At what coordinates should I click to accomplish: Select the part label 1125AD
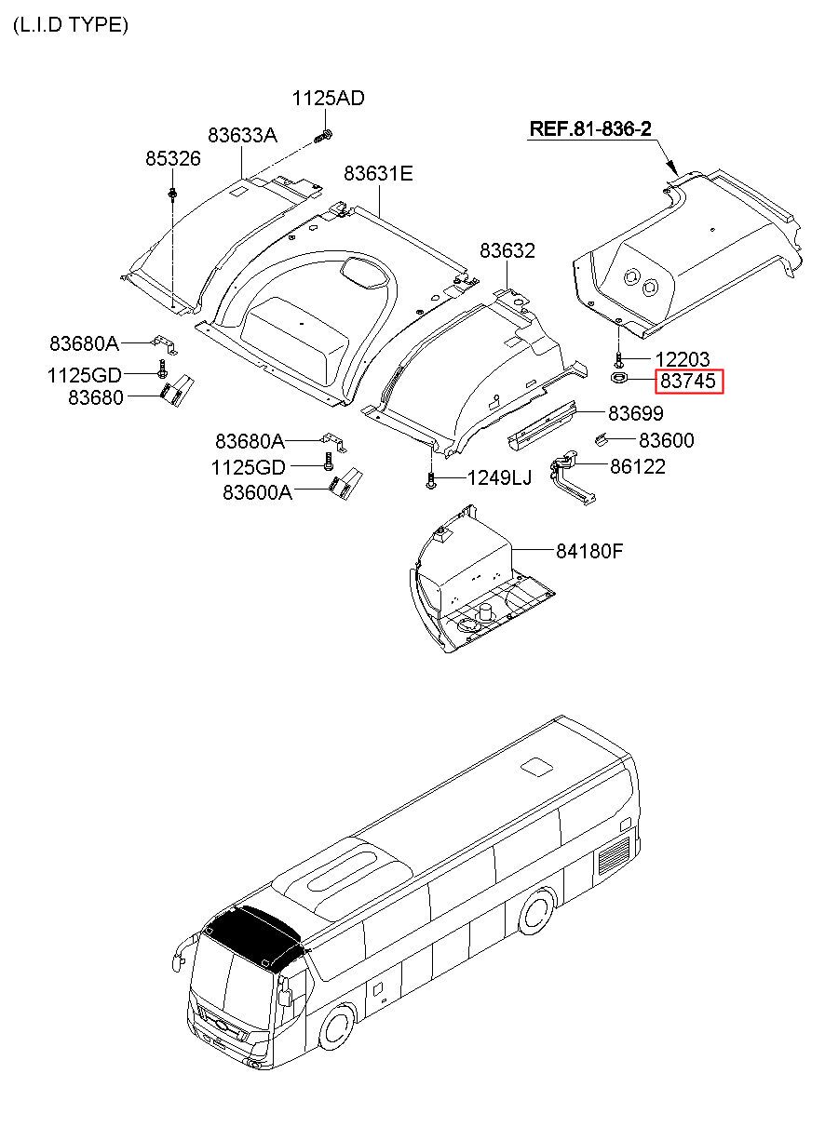coord(328,99)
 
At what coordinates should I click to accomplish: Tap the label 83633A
coord(242,135)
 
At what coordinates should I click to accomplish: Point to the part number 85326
coord(172,159)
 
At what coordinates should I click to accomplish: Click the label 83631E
coord(378,174)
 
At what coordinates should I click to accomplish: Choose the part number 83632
coord(507,250)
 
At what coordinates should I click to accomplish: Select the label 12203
coord(683,359)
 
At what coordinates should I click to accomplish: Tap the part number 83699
coord(636,413)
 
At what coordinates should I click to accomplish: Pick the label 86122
coord(638,467)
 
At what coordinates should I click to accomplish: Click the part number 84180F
coord(589,551)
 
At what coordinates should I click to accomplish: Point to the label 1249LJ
coord(499,478)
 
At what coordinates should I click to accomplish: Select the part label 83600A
coord(257,492)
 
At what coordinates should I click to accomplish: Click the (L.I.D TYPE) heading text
coord(71,25)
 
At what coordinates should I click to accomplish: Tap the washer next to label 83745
coord(618,379)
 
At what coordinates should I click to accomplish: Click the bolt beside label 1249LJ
coord(430,480)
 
